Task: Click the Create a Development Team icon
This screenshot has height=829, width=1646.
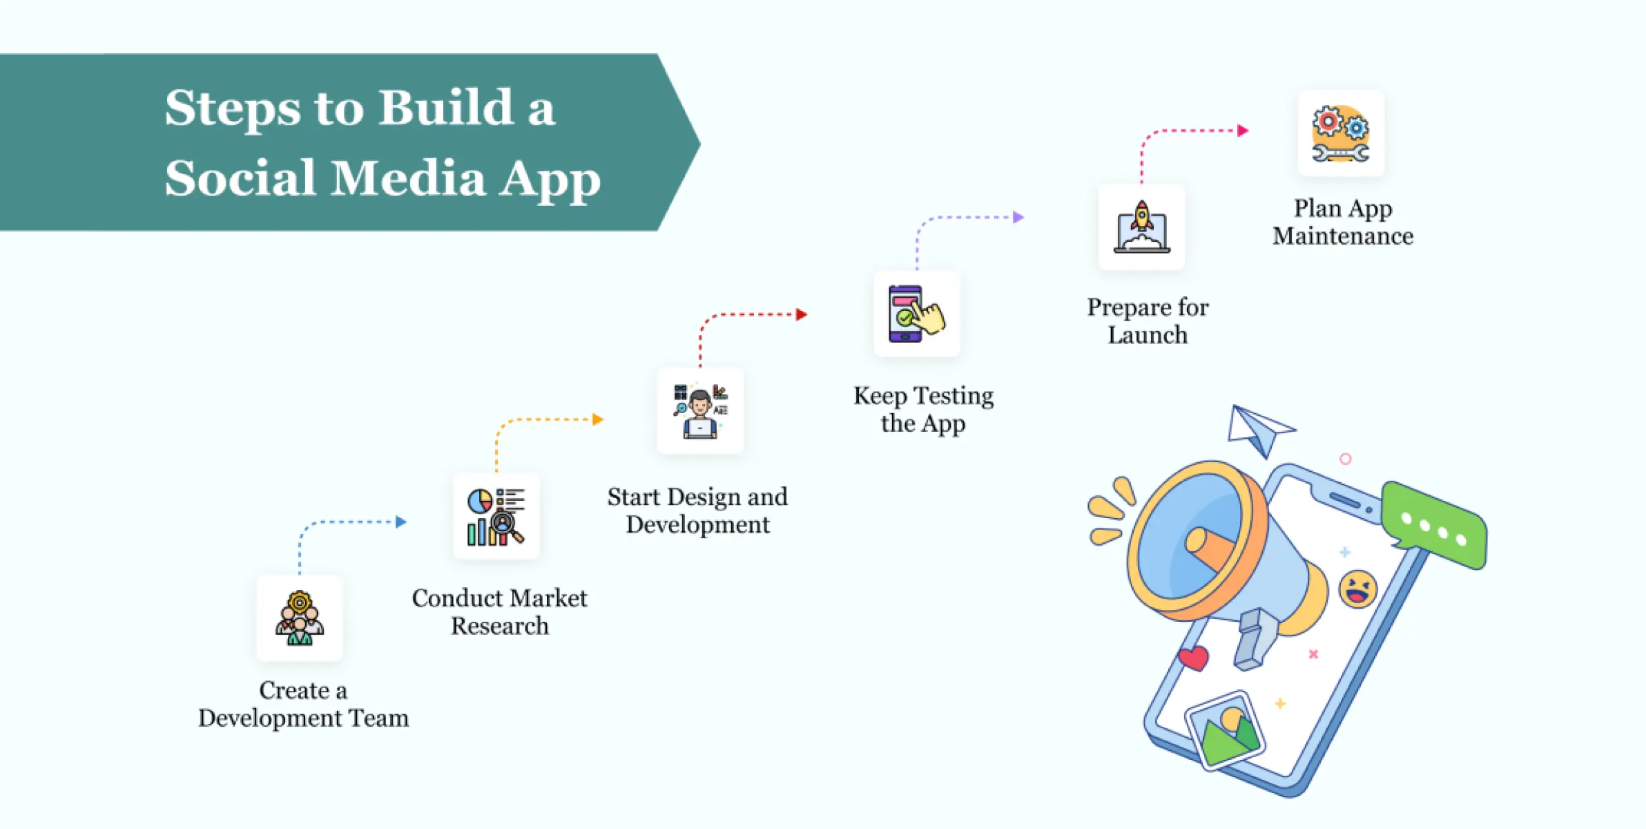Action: (x=300, y=618)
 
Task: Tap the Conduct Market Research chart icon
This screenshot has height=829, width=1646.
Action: (x=496, y=517)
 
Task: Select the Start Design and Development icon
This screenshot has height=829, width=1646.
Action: (x=700, y=411)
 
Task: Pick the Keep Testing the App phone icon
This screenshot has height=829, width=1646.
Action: (x=916, y=314)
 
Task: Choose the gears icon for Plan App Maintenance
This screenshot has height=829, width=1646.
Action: (x=1340, y=133)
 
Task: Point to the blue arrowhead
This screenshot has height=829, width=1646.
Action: (x=401, y=522)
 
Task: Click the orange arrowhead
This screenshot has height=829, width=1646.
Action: (x=598, y=419)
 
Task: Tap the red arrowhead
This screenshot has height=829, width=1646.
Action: (x=802, y=314)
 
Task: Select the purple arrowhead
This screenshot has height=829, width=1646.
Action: (x=1018, y=218)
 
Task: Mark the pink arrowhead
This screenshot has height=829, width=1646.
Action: (x=1243, y=131)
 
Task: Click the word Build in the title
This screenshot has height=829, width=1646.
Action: (x=445, y=108)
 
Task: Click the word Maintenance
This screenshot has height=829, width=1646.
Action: (x=1343, y=236)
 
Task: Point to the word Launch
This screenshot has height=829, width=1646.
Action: (x=1148, y=335)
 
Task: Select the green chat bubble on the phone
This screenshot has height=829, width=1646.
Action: (x=1435, y=525)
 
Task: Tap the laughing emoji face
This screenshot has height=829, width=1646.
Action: (x=1358, y=589)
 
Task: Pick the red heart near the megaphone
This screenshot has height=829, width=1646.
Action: (x=1194, y=658)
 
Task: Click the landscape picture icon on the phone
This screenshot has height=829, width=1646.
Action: (x=1226, y=730)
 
